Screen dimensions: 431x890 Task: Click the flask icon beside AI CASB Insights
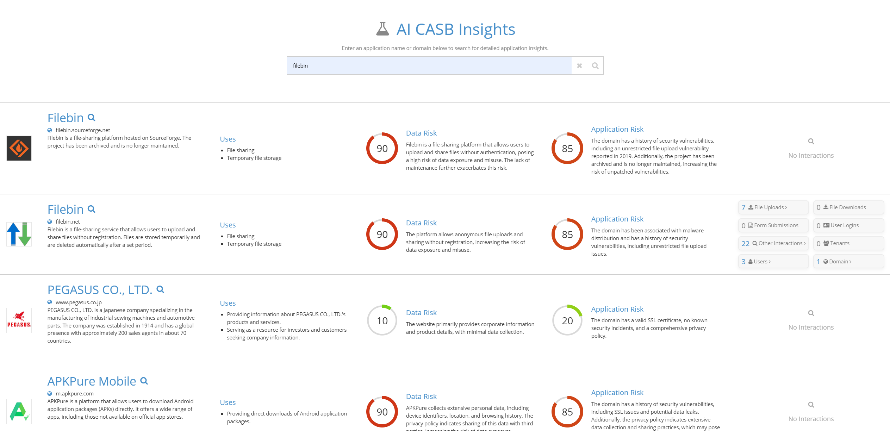(382, 29)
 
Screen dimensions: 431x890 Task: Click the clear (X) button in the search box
(579, 65)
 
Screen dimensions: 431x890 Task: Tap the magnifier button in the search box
(595, 65)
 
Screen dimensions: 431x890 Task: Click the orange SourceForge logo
(19, 148)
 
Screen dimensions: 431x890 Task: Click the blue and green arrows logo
(19, 234)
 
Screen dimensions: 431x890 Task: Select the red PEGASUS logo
(19, 320)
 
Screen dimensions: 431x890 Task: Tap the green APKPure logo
(19, 411)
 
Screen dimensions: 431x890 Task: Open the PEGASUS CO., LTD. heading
(100, 290)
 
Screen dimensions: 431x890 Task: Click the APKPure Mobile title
(92, 381)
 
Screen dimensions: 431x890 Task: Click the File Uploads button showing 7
(773, 207)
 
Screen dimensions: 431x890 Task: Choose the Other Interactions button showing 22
(773, 243)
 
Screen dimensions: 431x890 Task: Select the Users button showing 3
(773, 262)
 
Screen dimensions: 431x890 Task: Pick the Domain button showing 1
(848, 262)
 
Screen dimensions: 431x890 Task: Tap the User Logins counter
(848, 225)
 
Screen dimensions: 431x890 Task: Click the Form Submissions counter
(773, 225)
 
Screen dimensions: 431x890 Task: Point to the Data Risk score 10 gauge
(382, 320)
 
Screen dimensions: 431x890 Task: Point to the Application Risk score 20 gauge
(567, 320)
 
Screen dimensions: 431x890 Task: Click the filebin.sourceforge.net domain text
(83, 130)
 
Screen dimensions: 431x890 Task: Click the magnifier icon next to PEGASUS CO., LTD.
(160, 289)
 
